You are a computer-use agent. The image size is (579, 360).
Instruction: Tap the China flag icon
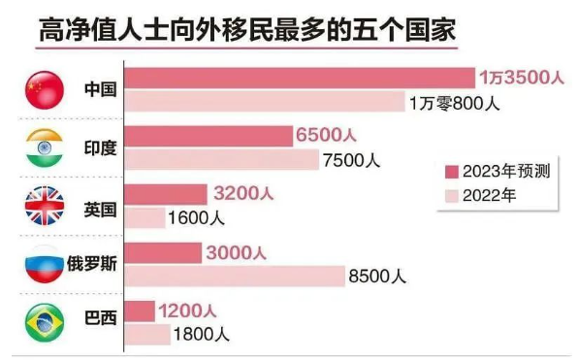coord(44,89)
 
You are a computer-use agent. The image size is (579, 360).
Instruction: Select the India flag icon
coord(44,147)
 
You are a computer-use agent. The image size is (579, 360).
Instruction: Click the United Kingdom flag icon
coord(44,206)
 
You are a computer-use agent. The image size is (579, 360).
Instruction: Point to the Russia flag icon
coord(44,264)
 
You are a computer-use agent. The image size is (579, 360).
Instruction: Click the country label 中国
coord(99,89)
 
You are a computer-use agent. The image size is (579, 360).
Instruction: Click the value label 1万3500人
coord(519,78)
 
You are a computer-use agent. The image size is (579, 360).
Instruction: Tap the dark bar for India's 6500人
coord(209,136)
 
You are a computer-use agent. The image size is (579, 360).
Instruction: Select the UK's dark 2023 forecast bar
coord(167,194)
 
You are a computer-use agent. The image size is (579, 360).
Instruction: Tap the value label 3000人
coord(237,252)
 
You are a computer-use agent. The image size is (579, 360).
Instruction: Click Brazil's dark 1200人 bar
coord(140,311)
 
